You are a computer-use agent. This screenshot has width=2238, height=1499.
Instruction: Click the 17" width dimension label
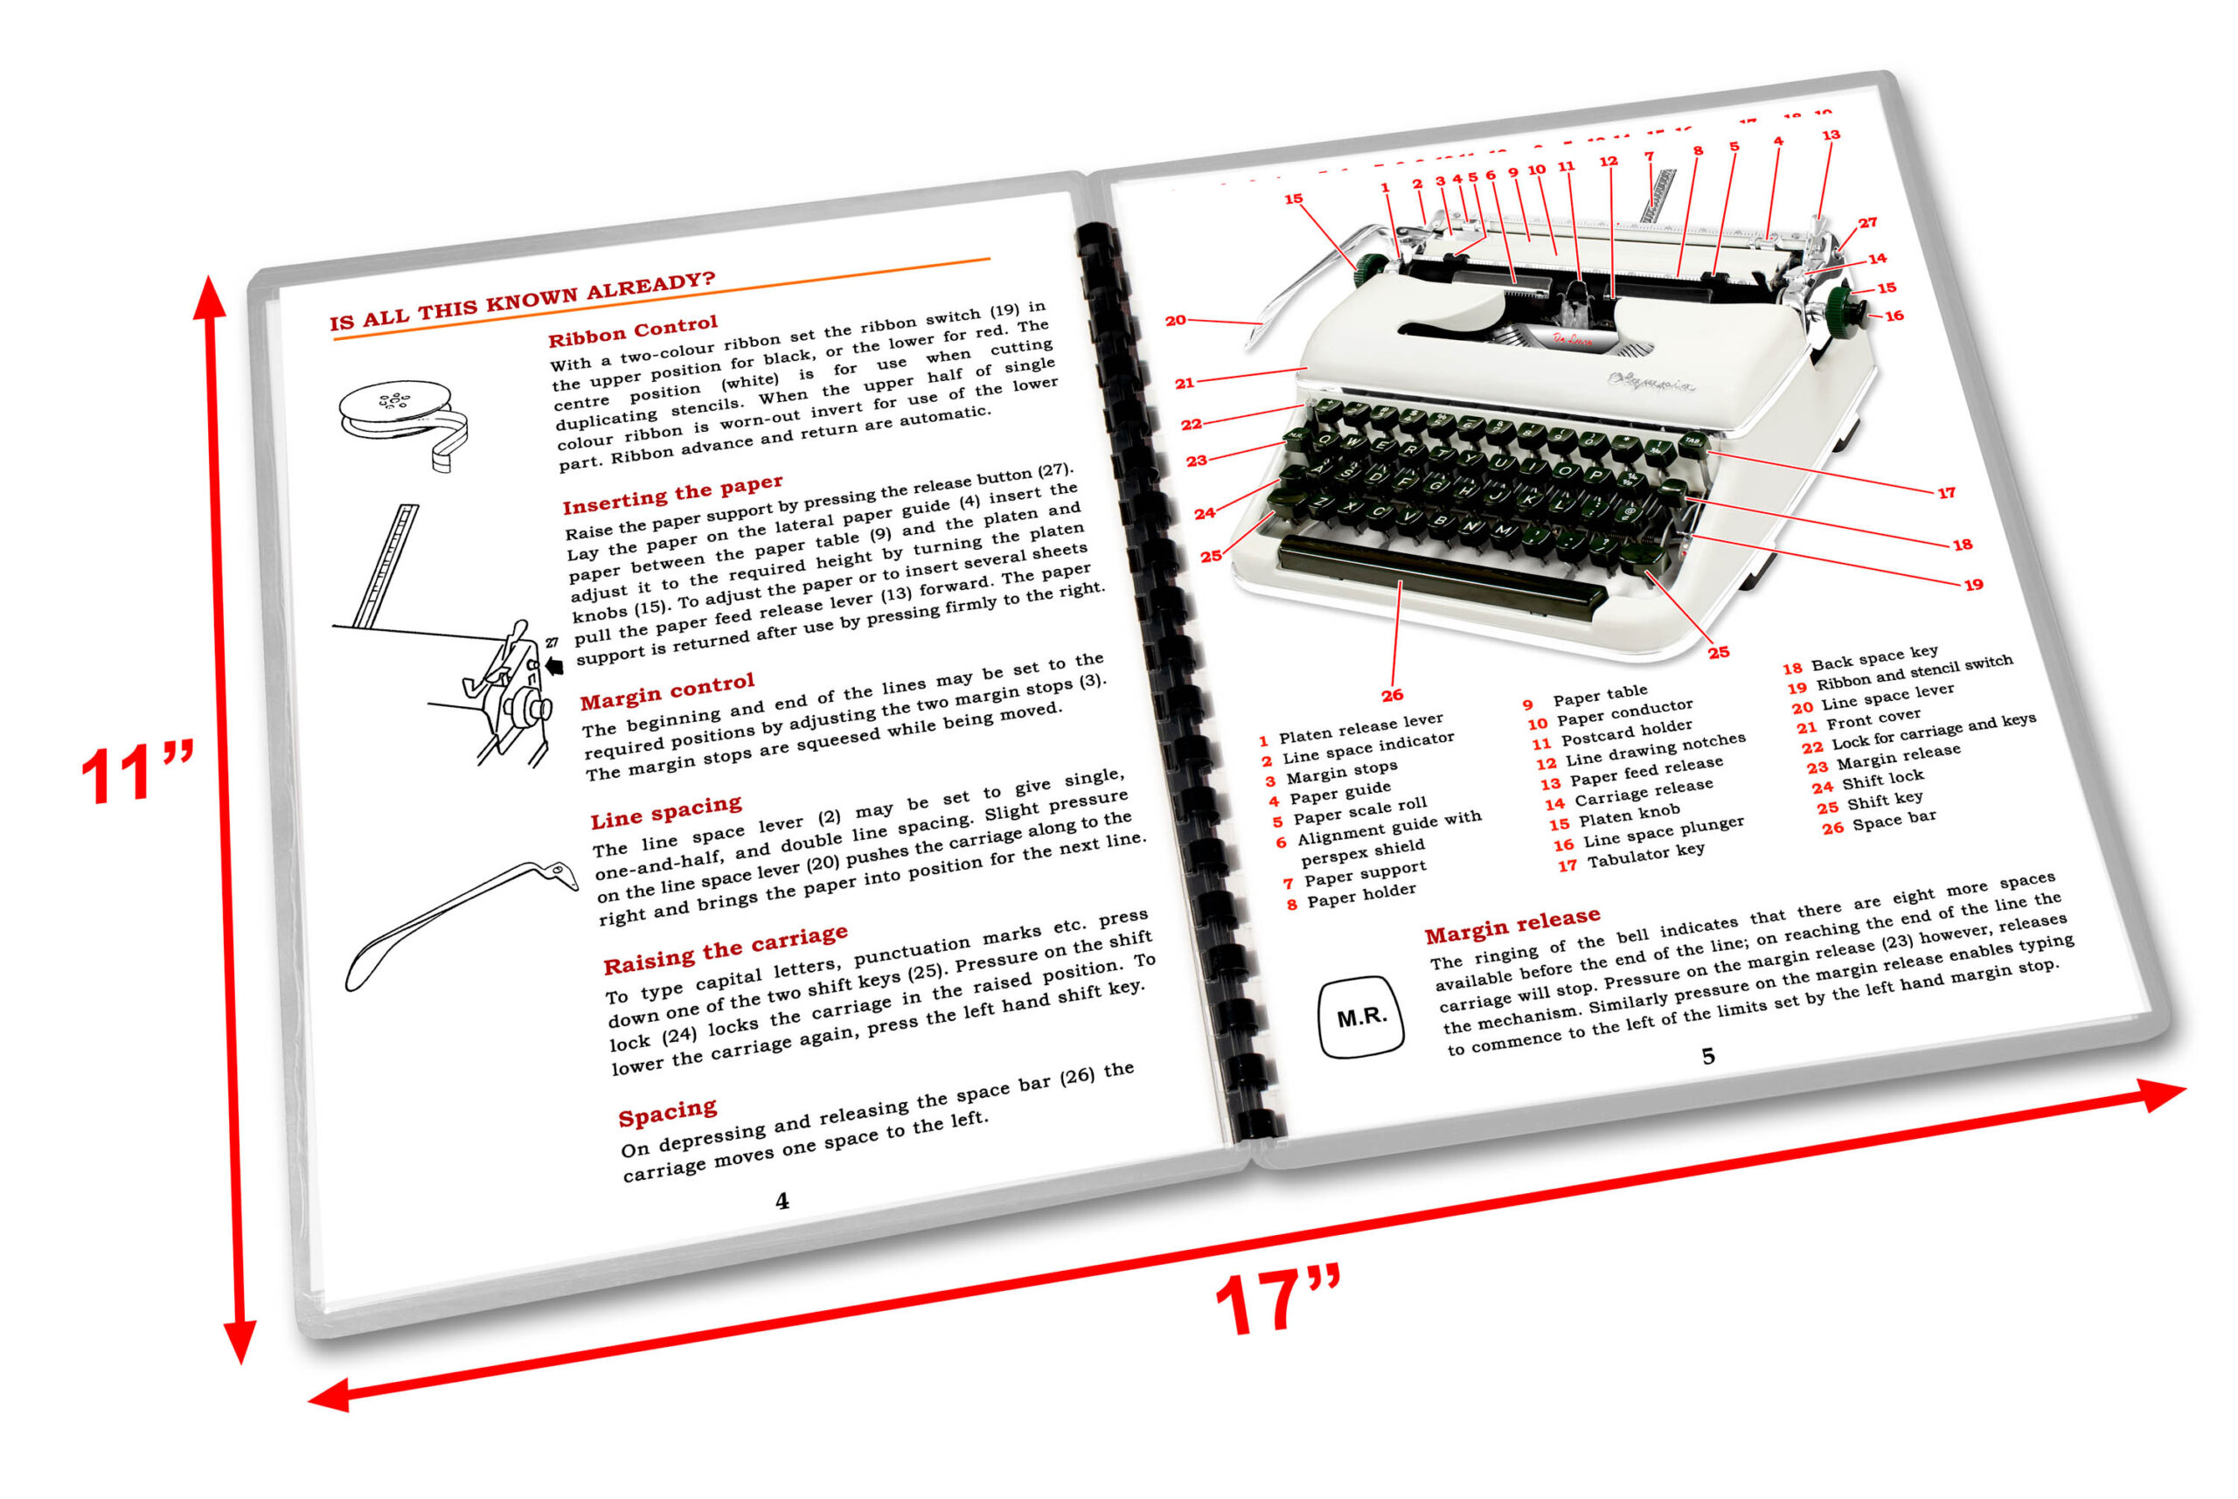click(1278, 1301)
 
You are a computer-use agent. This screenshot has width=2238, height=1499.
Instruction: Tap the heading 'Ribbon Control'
click(632, 330)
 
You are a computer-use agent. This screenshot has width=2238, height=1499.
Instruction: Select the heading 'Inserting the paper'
click(672, 493)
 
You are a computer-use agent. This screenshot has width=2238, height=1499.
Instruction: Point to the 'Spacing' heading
click(666, 1113)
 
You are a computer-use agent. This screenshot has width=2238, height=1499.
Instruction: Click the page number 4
click(782, 1201)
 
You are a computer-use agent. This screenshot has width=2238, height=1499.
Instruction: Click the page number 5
click(1707, 1056)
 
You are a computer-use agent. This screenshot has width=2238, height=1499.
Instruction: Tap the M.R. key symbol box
click(1360, 1017)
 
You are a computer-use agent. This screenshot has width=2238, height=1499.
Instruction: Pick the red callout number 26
click(1392, 695)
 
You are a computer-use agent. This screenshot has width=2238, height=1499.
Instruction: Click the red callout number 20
click(1175, 320)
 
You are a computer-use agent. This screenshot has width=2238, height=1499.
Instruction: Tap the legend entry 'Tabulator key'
click(1644, 854)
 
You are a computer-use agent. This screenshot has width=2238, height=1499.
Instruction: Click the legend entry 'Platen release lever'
click(1359, 727)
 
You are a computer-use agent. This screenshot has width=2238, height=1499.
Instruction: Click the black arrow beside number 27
click(553, 665)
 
